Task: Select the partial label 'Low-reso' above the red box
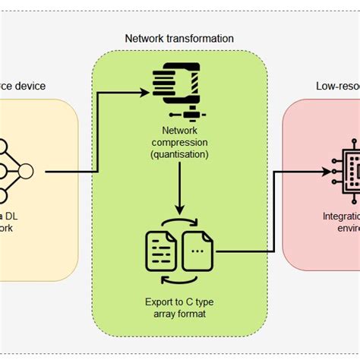click(x=338, y=86)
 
